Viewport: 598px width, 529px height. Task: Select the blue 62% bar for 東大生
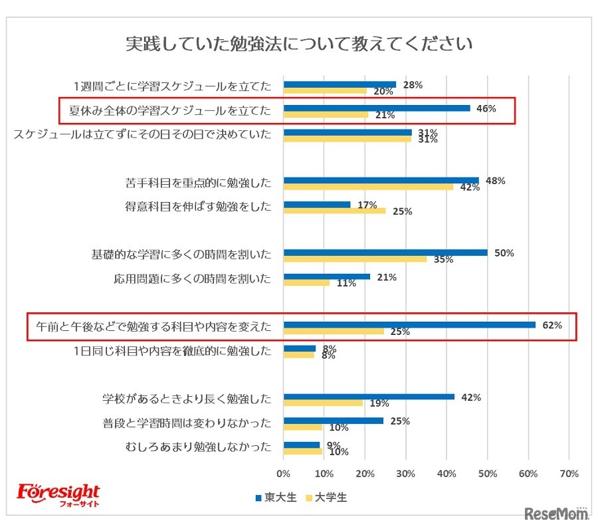click(x=409, y=325)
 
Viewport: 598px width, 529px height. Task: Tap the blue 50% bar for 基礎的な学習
click(x=385, y=253)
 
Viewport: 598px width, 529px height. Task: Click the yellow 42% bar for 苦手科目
click(x=368, y=187)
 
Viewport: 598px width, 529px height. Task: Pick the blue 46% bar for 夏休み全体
click(x=377, y=108)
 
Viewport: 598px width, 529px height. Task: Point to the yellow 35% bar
click(x=355, y=259)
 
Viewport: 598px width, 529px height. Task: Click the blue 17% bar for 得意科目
click(x=317, y=205)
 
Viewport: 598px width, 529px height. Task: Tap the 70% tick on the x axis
click(x=569, y=474)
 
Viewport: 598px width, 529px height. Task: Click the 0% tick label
click(x=284, y=474)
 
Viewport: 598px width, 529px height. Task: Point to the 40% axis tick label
click(x=447, y=474)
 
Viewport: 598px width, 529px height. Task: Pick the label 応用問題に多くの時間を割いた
click(x=193, y=278)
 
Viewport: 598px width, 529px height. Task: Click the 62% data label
click(x=552, y=325)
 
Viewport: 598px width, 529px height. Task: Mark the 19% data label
click(x=379, y=403)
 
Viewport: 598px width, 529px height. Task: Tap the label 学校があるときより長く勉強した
click(x=187, y=399)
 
